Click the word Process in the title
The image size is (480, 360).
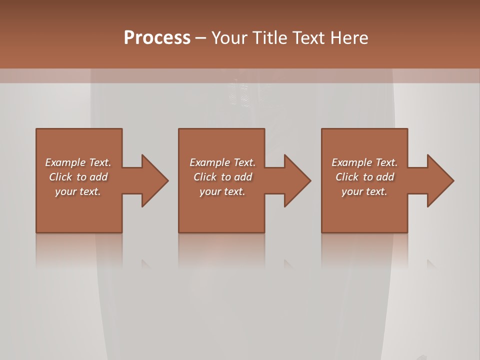pyautogui.click(x=157, y=38)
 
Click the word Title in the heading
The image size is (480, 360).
pyautogui.click(x=270, y=38)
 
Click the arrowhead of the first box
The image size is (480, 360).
pyautogui.click(x=155, y=180)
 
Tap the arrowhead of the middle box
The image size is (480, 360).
pyautogui.click(x=297, y=180)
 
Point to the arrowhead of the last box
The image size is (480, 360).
pyautogui.click(x=440, y=180)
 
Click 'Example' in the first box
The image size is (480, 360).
pyautogui.click(x=65, y=162)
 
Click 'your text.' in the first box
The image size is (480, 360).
pyautogui.click(x=78, y=191)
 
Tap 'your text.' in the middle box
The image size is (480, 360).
pyautogui.click(x=222, y=191)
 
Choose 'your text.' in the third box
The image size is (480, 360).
pyautogui.click(x=364, y=191)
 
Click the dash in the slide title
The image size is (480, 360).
pyautogui.click(x=200, y=38)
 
